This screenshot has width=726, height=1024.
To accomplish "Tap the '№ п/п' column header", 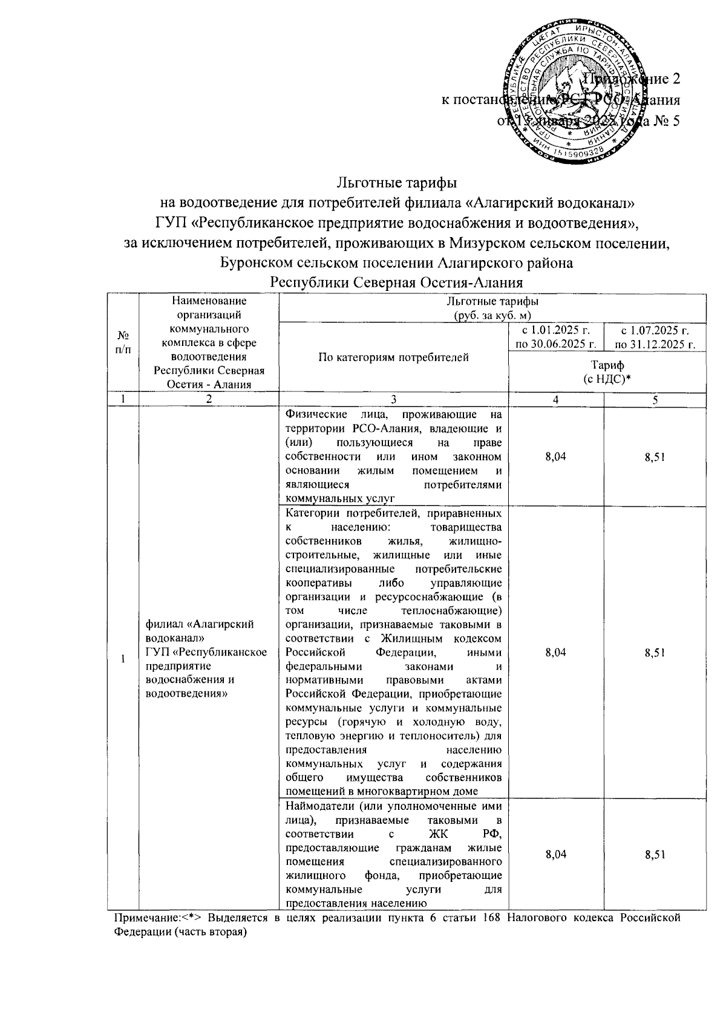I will [123, 342].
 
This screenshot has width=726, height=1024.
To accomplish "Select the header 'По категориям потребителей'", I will [394, 357].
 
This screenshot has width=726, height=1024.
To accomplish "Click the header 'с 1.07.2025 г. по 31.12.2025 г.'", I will [655, 337].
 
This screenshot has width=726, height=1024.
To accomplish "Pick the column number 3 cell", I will [394, 400].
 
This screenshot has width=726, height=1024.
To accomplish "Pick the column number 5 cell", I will [655, 400].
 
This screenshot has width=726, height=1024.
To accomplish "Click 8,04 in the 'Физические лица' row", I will [555, 457].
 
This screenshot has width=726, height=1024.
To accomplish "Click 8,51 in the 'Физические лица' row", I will [655, 457].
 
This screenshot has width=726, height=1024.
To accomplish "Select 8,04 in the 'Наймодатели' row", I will [555, 855].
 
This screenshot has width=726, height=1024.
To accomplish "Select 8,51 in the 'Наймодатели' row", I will [655, 855].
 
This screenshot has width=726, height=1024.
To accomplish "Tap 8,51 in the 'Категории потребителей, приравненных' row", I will [655, 652].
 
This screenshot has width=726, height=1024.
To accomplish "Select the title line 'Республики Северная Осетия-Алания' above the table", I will [396, 282].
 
